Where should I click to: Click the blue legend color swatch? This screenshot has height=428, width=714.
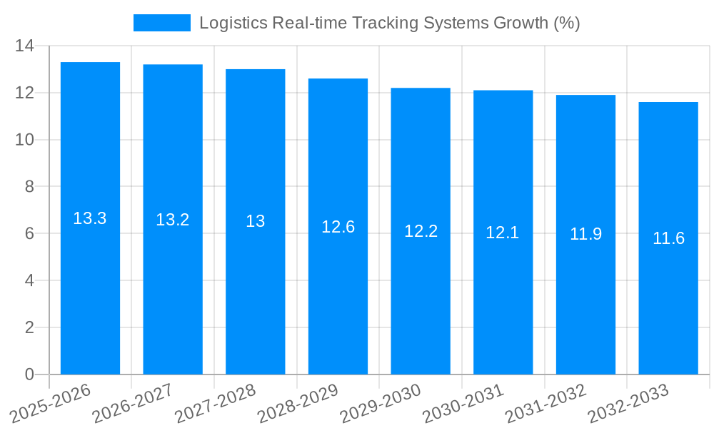coord(162,23)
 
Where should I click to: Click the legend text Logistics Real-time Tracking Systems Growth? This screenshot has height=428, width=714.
coord(389,23)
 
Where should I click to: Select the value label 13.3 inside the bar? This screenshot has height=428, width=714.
coord(90,218)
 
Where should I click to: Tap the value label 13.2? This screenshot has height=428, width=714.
coord(173,220)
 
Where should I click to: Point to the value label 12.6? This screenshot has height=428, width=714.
coord(338,227)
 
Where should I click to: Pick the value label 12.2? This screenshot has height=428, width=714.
coord(421,231)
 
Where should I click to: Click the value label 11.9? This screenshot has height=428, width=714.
coord(585,234)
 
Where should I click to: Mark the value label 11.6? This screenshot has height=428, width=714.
coord(668,238)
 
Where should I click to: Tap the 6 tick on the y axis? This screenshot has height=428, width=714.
coord(29,234)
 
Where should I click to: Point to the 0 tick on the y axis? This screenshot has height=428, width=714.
coord(29,374)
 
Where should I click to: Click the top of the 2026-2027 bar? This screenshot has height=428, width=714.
coord(173,65)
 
